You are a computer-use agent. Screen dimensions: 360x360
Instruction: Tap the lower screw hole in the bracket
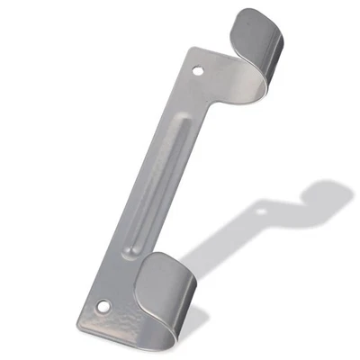[102, 306]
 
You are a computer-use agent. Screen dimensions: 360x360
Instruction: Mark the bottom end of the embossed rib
[135, 261]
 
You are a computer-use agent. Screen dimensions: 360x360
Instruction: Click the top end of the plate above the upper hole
[203, 54]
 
